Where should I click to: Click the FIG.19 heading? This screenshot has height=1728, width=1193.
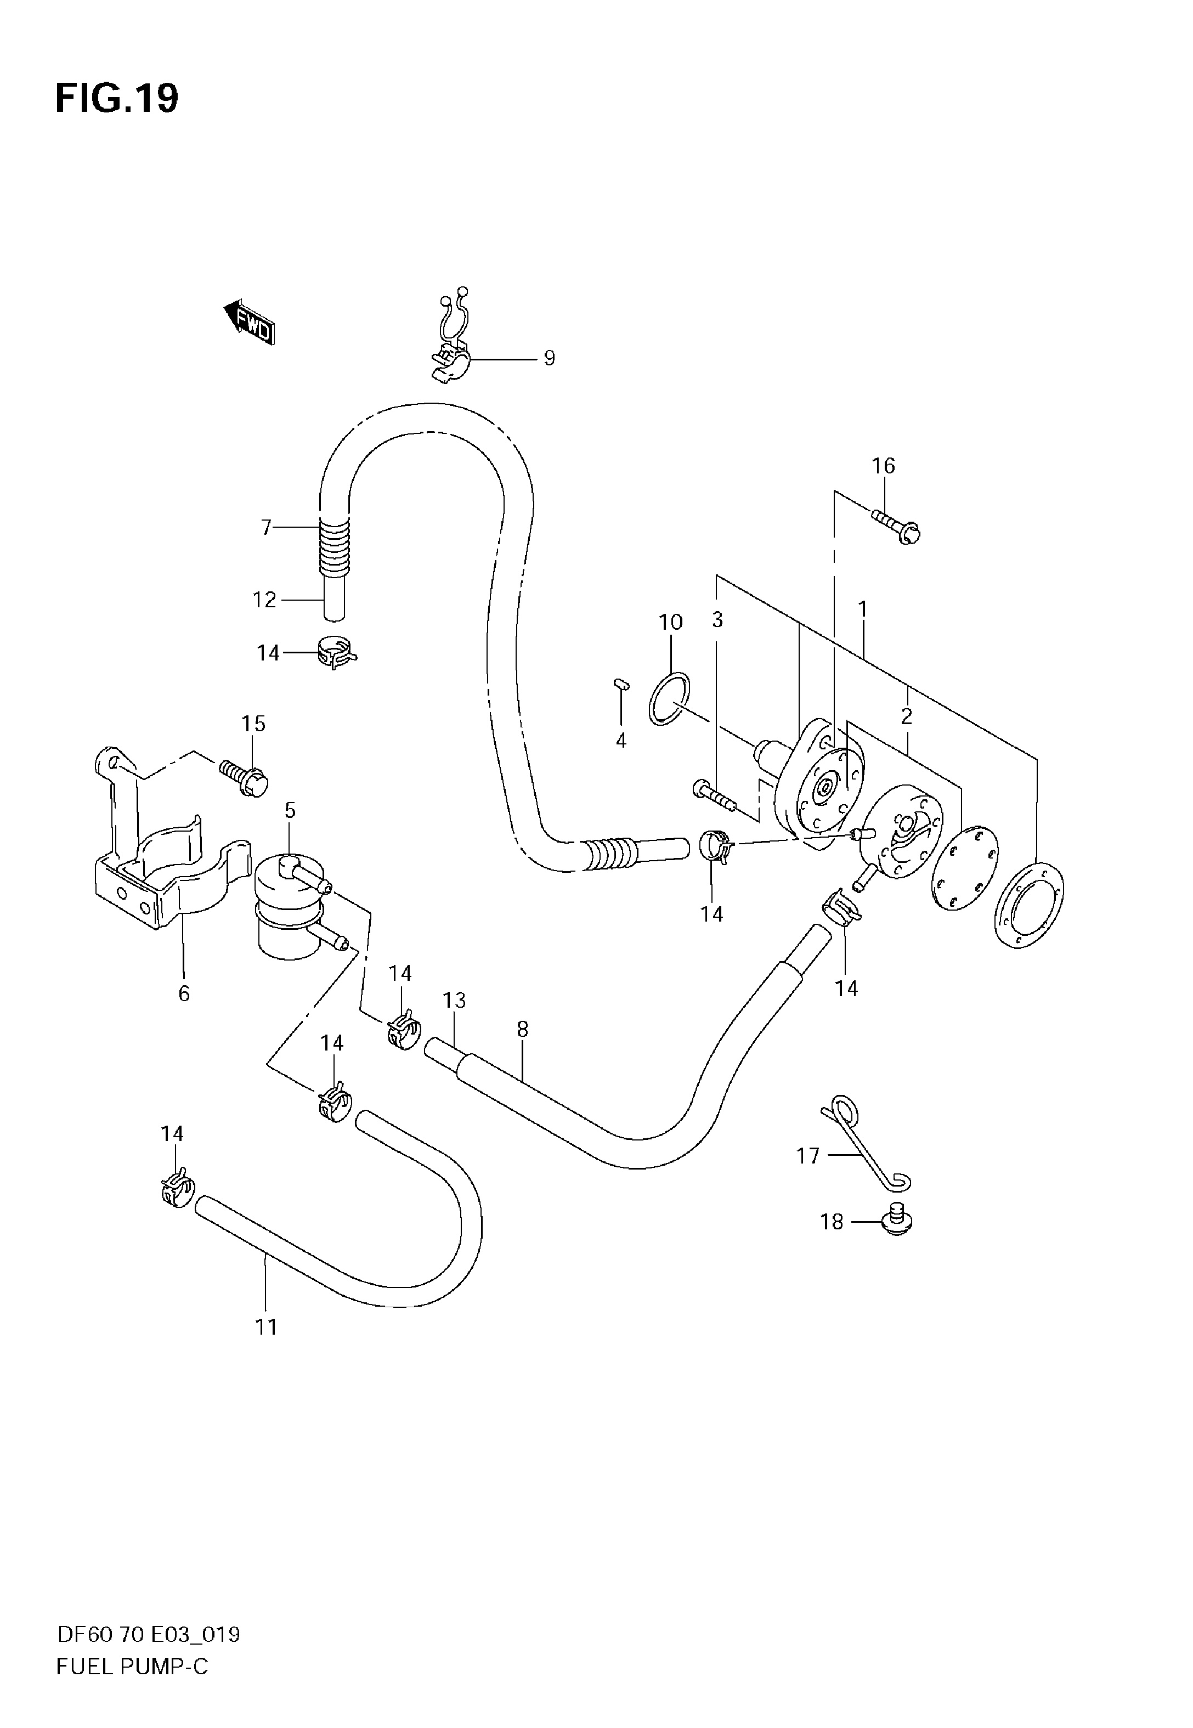(x=117, y=99)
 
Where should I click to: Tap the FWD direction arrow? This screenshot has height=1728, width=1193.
(x=250, y=322)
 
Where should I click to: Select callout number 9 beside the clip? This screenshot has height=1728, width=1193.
(x=550, y=359)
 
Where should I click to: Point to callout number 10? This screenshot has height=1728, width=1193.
(x=670, y=622)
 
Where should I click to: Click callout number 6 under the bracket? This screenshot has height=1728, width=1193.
(x=184, y=993)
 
